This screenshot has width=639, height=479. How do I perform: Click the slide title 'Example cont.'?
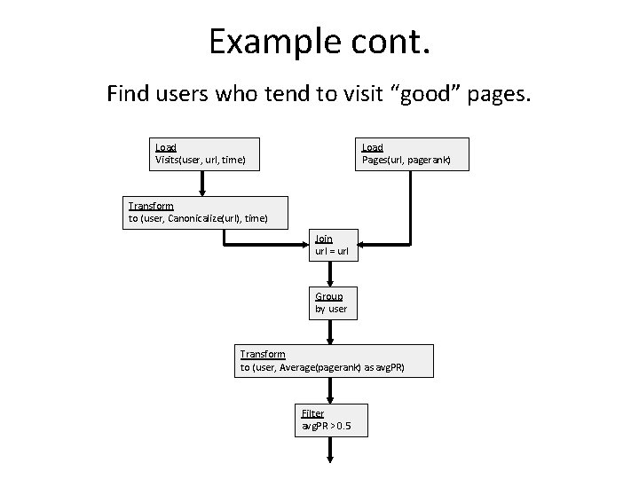[319, 42]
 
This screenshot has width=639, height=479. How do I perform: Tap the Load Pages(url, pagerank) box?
[413, 153]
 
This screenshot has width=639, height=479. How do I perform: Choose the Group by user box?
[331, 302]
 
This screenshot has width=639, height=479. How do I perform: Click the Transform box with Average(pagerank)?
[334, 360]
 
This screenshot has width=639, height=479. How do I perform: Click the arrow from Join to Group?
[331, 274]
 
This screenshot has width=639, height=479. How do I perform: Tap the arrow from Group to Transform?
[331, 332]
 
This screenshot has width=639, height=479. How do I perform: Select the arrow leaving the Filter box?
[331, 449]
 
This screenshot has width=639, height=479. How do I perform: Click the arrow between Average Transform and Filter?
[331, 390]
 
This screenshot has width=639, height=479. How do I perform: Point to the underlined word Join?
[323, 239]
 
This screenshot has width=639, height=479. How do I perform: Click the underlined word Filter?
[312, 413]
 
